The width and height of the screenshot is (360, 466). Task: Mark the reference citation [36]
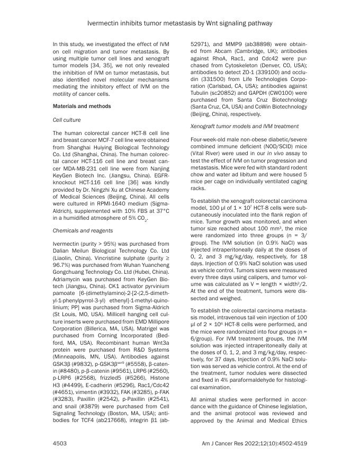coord(128,182)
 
